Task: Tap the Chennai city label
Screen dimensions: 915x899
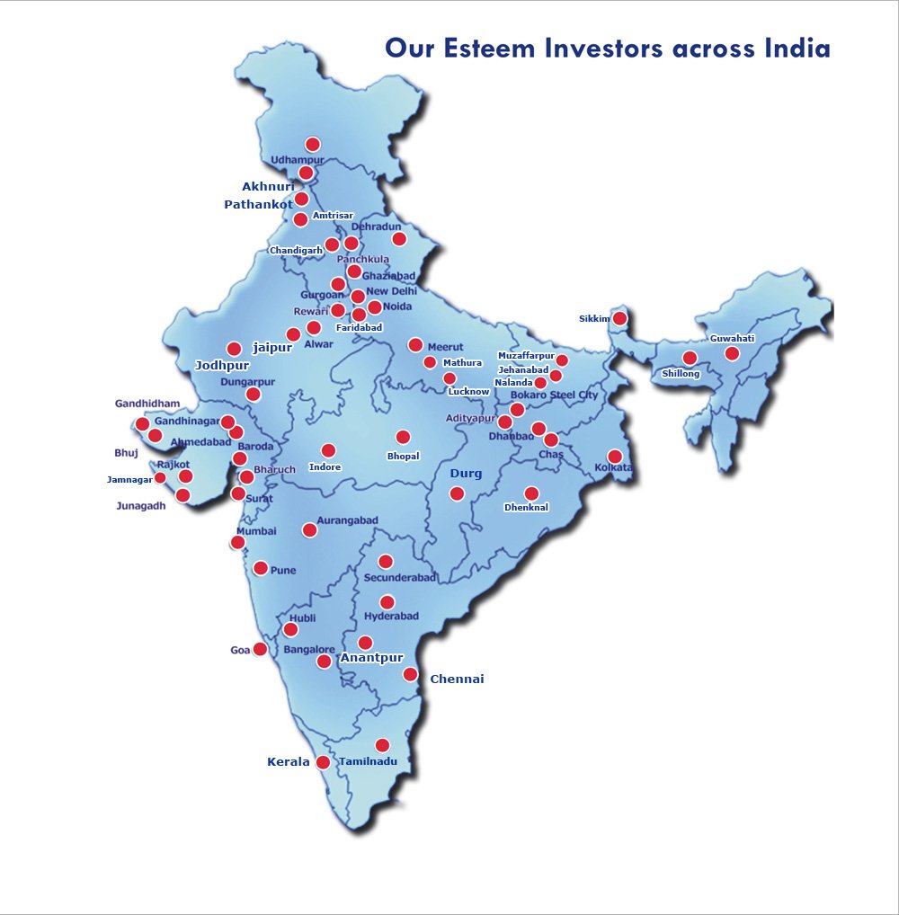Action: point(457,679)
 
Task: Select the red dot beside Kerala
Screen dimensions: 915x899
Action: point(323,762)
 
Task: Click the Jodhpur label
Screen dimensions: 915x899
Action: point(222,366)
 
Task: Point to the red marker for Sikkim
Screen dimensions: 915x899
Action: point(619,318)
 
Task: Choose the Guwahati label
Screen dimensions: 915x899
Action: point(733,339)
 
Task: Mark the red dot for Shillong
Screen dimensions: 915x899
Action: point(690,359)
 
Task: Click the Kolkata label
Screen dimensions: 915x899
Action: point(613,468)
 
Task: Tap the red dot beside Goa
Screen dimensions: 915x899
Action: point(260,649)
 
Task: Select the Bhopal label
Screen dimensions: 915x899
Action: point(403,457)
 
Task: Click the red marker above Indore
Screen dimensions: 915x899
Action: point(328,450)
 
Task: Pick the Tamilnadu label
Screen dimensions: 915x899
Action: point(368,761)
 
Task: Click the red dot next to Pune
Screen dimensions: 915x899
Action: point(261,568)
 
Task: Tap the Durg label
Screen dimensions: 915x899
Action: point(466,474)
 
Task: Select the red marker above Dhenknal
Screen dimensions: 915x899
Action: point(531,493)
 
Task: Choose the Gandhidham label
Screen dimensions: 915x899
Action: point(147,404)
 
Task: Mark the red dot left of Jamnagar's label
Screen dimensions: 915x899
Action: point(161,478)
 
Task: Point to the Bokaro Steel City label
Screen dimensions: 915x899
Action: point(554,395)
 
